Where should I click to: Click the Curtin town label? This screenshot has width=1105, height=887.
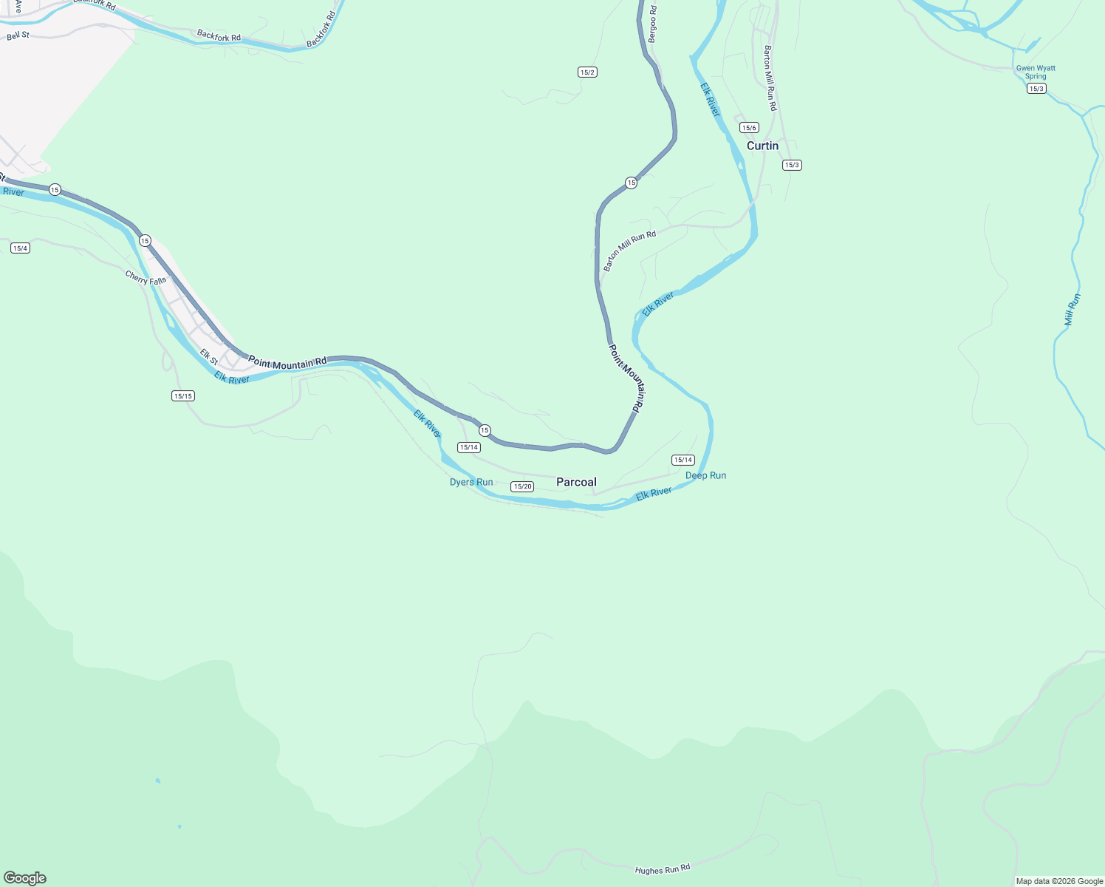(x=762, y=146)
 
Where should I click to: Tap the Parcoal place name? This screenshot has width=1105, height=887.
(x=576, y=482)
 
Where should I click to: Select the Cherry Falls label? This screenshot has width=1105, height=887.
(x=146, y=279)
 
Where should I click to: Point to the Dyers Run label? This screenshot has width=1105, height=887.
(x=471, y=482)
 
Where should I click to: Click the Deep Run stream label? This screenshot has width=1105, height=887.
(x=705, y=475)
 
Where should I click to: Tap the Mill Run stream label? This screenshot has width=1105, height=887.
(x=1072, y=310)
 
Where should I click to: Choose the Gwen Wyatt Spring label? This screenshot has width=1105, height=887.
(x=1036, y=72)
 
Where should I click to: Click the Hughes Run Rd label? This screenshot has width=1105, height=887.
(x=663, y=869)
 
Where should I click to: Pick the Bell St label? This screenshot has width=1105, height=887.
(x=18, y=35)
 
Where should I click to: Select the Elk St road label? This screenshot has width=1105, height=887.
(x=209, y=357)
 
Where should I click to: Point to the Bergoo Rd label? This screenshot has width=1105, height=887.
(x=651, y=24)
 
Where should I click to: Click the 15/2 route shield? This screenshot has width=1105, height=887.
(x=587, y=72)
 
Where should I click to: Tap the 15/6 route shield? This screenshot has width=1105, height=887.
(x=750, y=128)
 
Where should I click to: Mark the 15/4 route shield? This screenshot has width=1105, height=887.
(x=20, y=248)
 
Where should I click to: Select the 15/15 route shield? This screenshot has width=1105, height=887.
(x=182, y=396)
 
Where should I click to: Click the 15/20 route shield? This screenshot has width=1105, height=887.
(x=522, y=486)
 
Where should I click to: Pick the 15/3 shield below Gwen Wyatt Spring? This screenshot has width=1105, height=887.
(x=1036, y=89)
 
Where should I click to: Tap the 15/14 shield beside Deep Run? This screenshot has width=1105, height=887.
(x=683, y=460)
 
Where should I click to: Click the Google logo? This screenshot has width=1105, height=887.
(x=24, y=878)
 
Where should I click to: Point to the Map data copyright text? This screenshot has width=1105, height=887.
(x=1059, y=881)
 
